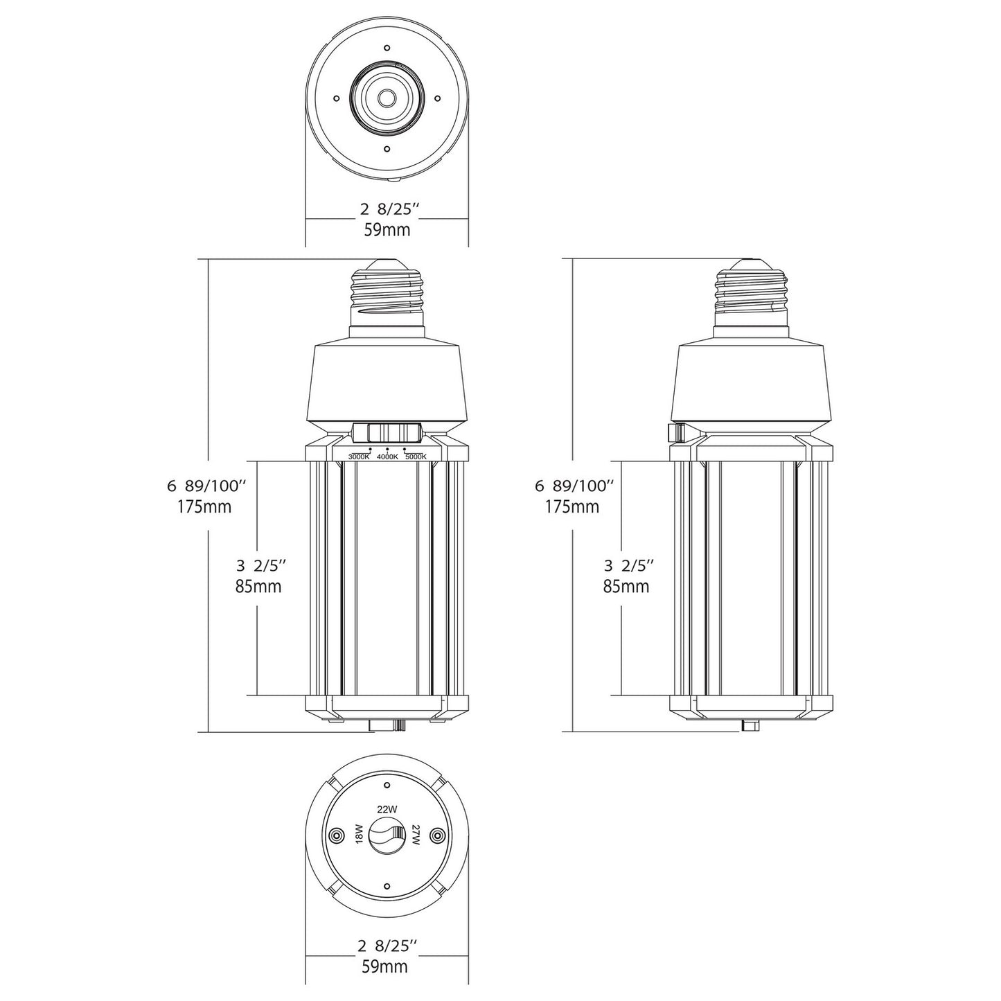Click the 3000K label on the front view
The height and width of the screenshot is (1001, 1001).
358,457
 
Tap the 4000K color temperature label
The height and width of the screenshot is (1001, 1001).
387,457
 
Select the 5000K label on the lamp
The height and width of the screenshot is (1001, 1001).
416,457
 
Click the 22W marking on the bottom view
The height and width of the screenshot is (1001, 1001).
387,809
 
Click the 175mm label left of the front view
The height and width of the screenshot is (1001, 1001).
204,506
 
